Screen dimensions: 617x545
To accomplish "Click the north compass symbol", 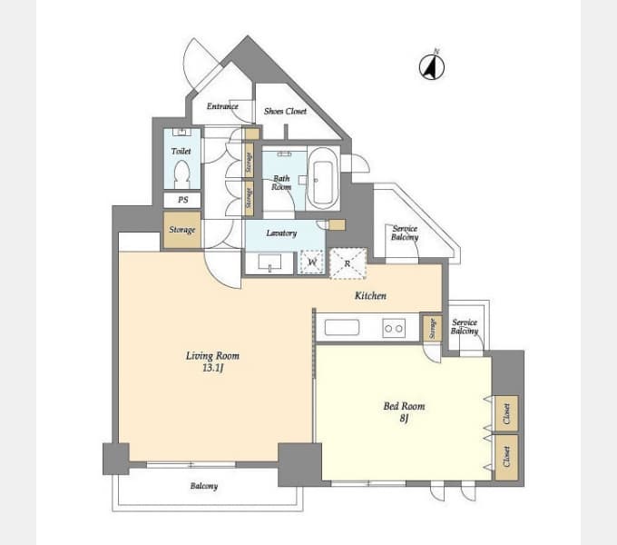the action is tap(432, 66).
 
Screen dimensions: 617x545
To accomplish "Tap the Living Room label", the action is tap(212, 356).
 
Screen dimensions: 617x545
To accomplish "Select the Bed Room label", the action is tap(404, 406).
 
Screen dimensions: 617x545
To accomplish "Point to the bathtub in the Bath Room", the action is tap(323, 178).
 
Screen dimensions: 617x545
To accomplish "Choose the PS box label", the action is tap(183, 200).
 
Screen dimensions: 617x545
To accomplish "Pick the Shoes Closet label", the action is tap(285, 112).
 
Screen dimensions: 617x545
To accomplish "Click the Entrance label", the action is tap(222, 106).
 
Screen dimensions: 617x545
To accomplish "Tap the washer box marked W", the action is tap(312, 262).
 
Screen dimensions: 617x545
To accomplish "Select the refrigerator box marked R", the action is tap(348, 263).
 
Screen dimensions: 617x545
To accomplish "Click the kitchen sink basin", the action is tap(342, 328).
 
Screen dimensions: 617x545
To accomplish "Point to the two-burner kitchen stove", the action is tap(394, 328).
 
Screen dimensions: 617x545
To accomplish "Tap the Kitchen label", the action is tap(370, 295).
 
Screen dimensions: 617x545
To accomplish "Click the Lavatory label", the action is tap(281, 233).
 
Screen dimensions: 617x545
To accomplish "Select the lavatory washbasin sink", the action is tap(270, 263).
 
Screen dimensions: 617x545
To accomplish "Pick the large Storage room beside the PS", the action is tap(182, 230).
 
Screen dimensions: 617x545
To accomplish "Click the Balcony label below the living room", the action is tap(204, 486).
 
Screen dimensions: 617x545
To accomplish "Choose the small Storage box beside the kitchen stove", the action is tap(432, 328).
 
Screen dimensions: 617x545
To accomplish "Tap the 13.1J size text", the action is tap(213, 368).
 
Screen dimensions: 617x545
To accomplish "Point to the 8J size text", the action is tap(404, 418).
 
